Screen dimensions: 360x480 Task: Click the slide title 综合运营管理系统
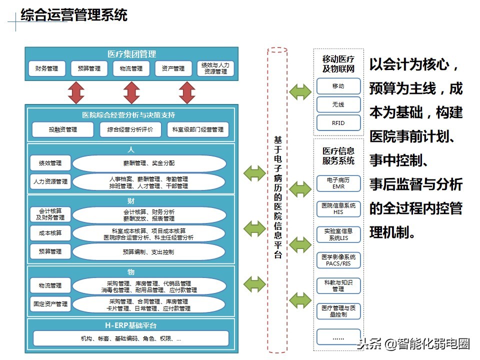pos(74,15)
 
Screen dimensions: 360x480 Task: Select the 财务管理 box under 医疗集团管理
pos(46,68)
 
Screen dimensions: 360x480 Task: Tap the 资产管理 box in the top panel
pos(173,68)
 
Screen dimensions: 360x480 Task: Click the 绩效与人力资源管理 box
pos(215,68)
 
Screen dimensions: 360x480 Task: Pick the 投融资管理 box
pos(63,130)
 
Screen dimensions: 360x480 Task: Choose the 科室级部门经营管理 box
pos(197,130)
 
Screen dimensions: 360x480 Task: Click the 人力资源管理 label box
pos(50,181)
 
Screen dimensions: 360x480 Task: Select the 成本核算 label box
pos(50,233)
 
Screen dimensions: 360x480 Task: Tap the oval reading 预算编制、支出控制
pos(148,252)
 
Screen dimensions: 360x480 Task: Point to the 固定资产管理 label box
pos(50,304)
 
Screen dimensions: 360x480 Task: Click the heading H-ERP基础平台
pos(131,325)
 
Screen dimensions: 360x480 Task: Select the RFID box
pos(338,123)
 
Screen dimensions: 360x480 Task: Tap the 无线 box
pos(338,104)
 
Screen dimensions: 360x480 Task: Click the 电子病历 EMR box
pos(338,183)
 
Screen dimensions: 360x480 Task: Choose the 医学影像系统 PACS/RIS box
pos(338,260)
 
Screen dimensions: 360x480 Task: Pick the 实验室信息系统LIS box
pos(338,234)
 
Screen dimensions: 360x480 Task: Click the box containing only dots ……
pos(338,337)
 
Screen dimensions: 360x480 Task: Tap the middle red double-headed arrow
pos(131,93)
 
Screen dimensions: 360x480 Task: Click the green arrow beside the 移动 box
pos(300,92)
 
